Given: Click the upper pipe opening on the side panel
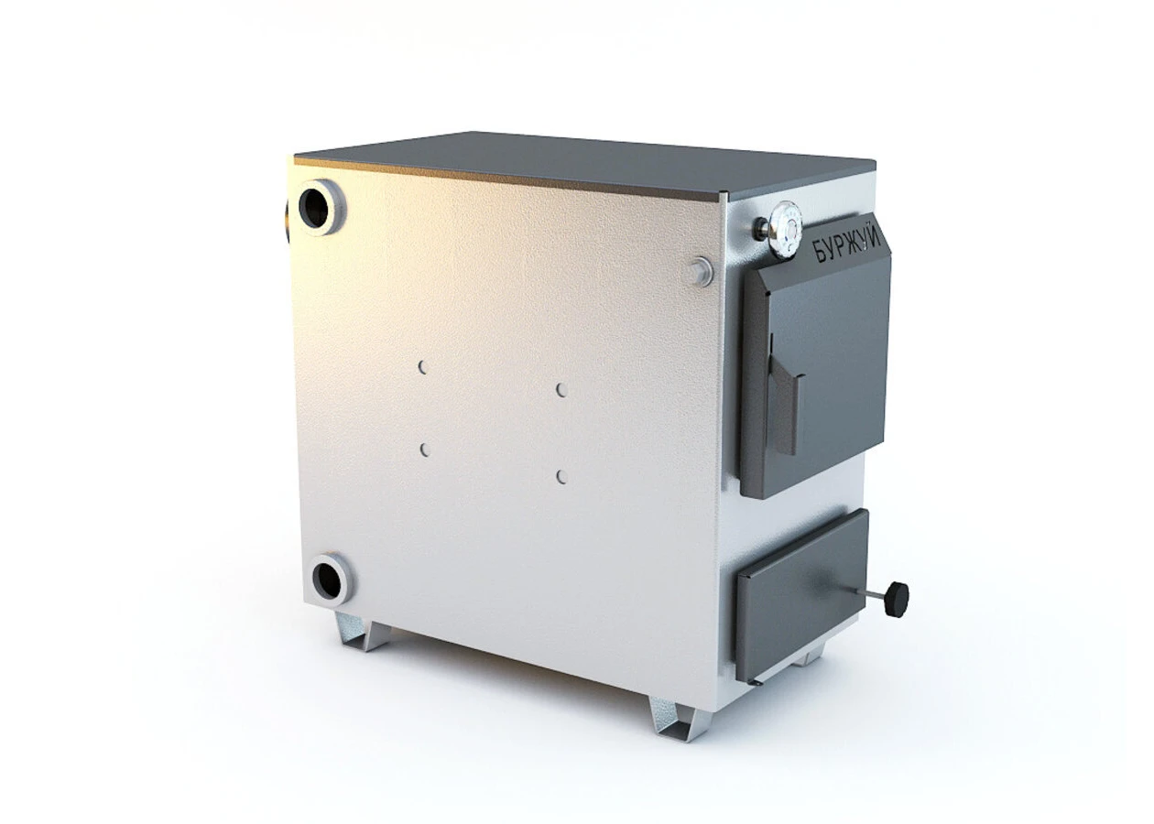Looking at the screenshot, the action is pyautogui.click(x=322, y=207).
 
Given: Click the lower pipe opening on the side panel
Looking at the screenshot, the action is pyautogui.click(x=332, y=579).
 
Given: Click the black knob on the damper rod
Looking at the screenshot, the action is pyautogui.click(x=897, y=598).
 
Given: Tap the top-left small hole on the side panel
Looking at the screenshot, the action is pyautogui.click(x=422, y=366).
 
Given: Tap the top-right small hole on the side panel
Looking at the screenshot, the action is pyautogui.click(x=561, y=390).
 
